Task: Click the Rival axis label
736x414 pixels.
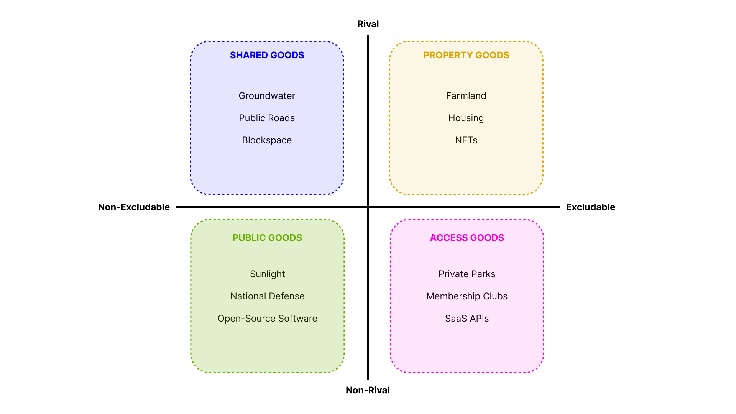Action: point(368,24)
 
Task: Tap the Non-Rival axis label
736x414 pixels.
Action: point(368,390)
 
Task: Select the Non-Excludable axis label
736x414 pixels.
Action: point(134,207)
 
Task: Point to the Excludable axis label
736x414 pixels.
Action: point(590,207)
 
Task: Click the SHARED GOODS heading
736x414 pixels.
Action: point(267,55)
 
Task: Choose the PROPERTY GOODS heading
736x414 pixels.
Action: point(466,55)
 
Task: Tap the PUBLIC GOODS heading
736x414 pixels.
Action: point(267,238)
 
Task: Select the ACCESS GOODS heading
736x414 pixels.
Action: point(467,238)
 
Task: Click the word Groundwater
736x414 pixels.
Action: point(267,96)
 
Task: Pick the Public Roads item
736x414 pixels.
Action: point(267,118)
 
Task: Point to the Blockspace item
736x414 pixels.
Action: point(267,140)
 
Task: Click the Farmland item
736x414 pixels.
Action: point(466,96)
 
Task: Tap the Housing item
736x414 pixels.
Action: point(466,118)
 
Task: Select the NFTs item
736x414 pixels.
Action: point(466,140)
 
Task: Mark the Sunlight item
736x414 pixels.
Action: point(267,274)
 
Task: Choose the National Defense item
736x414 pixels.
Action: point(267,296)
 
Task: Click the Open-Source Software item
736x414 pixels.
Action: point(267,319)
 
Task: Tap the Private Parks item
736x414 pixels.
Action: point(467,274)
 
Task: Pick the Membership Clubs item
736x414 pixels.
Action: point(467,296)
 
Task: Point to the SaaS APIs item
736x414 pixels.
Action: point(467,319)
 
